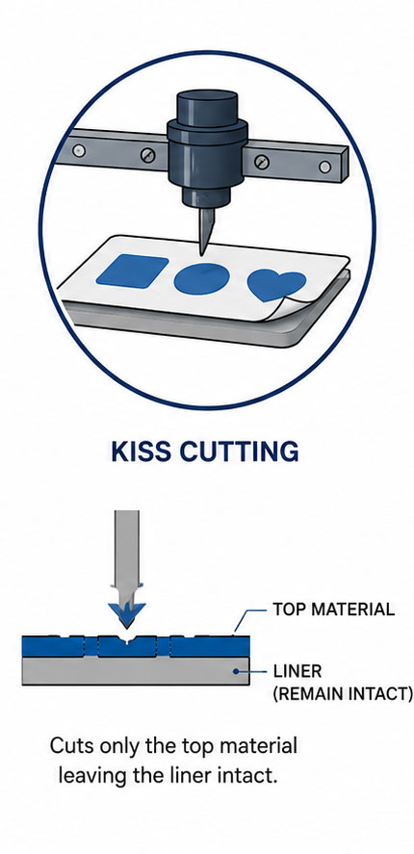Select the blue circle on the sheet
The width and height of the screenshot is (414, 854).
[201, 279]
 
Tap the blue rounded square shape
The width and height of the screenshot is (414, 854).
[132, 271]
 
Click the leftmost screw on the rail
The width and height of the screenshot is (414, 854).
[79, 150]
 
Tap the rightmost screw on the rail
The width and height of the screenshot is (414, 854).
[324, 167]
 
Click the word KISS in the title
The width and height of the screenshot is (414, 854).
[142, 452]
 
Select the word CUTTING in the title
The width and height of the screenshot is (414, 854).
[239, 452]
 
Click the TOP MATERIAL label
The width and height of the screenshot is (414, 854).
[333, 608]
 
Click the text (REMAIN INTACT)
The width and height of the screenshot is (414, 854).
[342, 694]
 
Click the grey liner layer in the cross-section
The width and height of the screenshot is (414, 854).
[136, 670]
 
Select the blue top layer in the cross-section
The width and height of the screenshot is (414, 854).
[136, 646]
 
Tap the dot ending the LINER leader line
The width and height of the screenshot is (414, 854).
[236, 671]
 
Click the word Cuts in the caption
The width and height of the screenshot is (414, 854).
[72, 745]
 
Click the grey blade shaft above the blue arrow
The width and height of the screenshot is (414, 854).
[126, 552]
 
